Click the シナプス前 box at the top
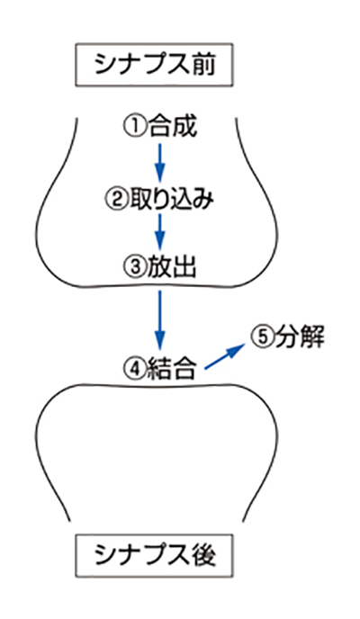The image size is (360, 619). (154, 65)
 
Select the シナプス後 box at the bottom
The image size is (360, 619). (154, 556)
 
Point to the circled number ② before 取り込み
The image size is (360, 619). (115, 199)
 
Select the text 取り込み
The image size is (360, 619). (171, 199)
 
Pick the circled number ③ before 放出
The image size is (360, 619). (134, 267)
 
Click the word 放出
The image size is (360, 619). (172, 267)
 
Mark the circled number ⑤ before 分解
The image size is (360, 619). (261, 337)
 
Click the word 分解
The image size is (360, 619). (299, 337)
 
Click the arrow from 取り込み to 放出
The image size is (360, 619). (159, 232)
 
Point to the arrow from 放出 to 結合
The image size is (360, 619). (159, 320)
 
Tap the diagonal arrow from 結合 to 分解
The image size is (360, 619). (225, 356)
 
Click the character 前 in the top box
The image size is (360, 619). (204, 65)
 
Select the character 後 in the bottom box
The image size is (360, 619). (204, 556)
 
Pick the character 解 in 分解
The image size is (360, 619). (311, 337)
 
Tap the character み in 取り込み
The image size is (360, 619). (203, 200)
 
